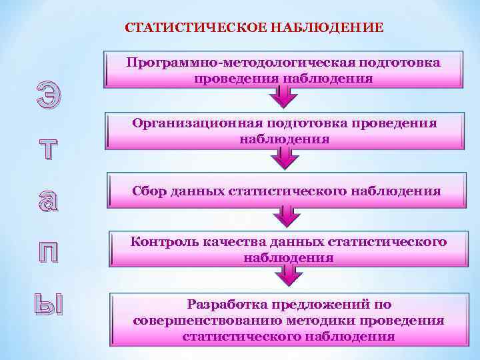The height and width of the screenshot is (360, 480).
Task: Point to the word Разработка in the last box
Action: pos(227,305)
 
